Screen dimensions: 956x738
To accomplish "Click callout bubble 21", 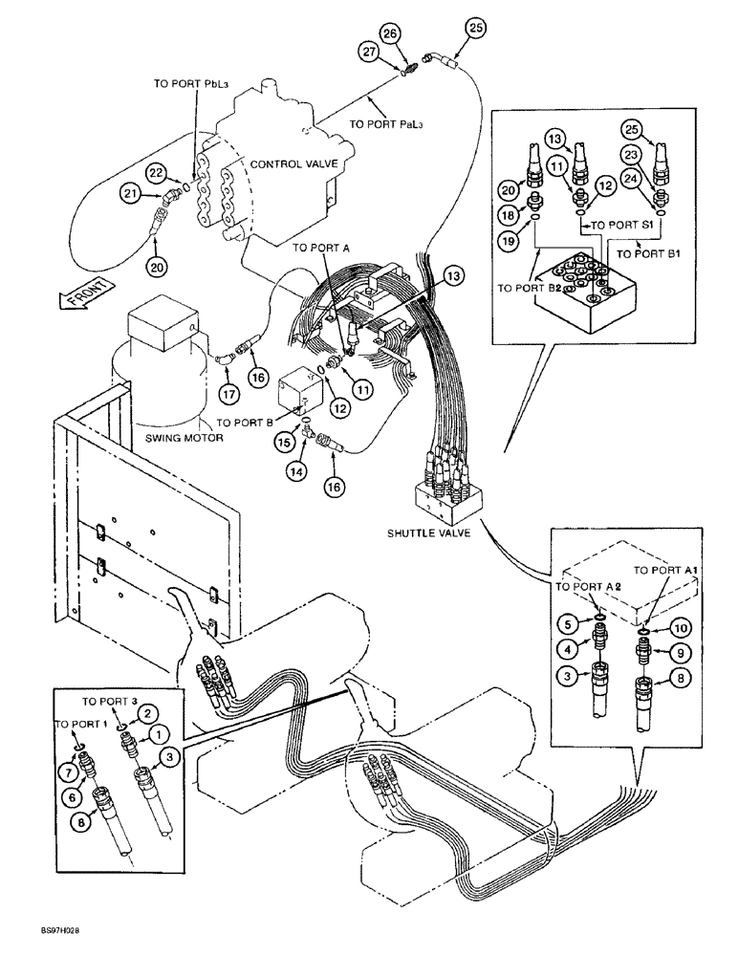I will point(129,194).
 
